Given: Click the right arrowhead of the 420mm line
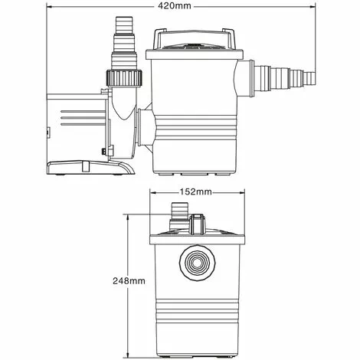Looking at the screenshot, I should pyautogui.click(x=313, y=6).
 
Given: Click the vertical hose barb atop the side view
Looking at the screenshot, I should pyautogui.click(x=123, y=34).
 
